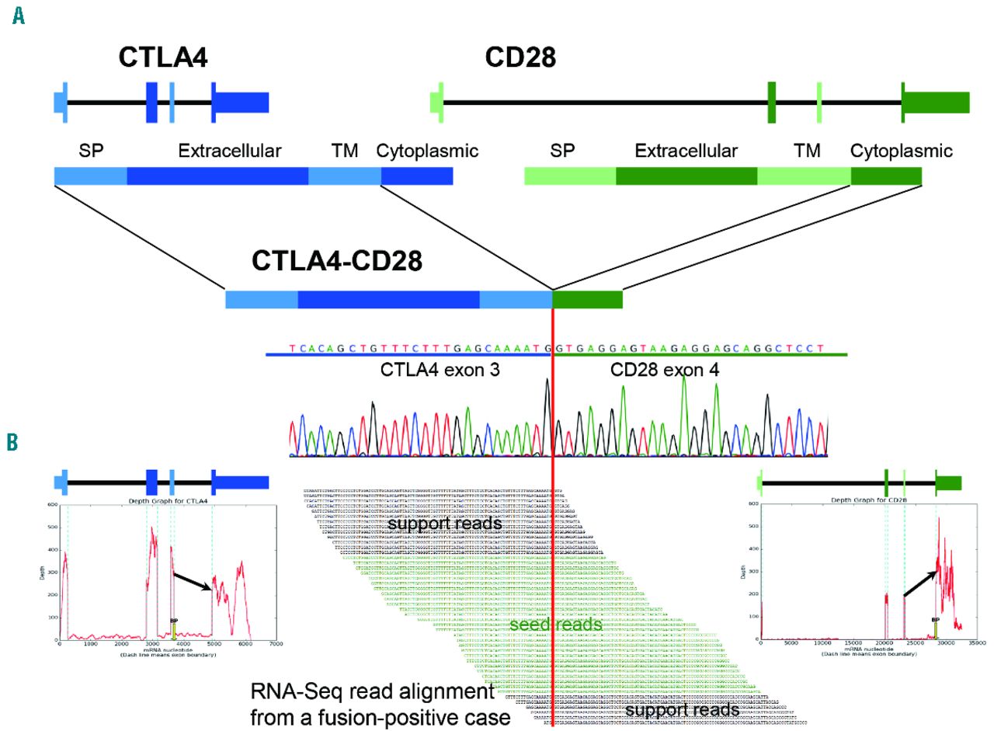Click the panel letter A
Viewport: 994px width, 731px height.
18,16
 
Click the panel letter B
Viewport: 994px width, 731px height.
13,442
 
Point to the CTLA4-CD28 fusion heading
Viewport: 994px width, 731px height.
336,261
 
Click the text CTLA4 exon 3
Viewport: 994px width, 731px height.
440,371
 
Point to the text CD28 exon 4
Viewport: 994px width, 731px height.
665,371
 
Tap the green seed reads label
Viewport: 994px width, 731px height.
555,625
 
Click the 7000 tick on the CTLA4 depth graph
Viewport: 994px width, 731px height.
275,643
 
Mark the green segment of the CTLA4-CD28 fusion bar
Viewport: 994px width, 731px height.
587,300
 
